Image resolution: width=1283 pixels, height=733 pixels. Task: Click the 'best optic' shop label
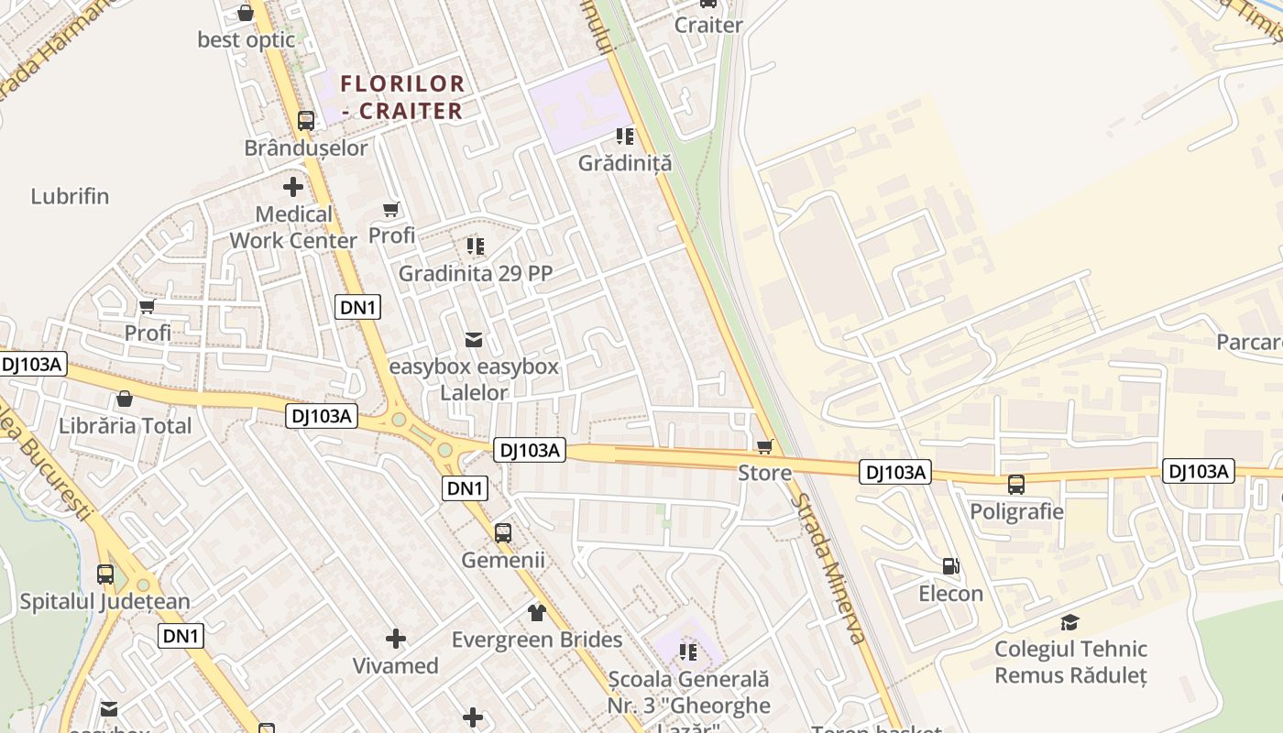(x=247, y=40)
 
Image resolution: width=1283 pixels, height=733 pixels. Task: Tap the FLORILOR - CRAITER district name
(x=402, y=97)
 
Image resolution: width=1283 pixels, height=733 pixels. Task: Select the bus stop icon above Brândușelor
(x=306, y=120)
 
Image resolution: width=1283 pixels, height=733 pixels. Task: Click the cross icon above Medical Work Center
(x=293, y=187)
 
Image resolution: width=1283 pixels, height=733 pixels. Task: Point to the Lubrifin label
(x=70, y=196)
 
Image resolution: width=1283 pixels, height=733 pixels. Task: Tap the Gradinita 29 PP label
(x=475, y=273)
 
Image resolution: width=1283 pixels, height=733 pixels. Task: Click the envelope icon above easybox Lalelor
(x=474, y=340)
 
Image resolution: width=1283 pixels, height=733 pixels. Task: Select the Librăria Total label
(x=126, y=426)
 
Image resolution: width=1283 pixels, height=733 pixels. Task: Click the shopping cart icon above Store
(x=765, y=446)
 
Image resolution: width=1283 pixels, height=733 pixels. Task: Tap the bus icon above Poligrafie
(x=1016, y=485)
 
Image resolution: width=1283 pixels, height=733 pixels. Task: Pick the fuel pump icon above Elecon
(x=951, y=567)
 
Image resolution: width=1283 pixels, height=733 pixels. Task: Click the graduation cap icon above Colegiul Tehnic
(x=1069, y=623)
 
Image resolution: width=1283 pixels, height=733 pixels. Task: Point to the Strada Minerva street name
(x=828, y=568)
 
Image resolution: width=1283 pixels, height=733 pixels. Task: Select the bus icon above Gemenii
(x=503, y=532)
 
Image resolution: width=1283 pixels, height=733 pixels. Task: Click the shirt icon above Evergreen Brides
(x=537, y=612)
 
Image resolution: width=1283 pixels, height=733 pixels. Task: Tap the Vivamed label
(x=396, y=666)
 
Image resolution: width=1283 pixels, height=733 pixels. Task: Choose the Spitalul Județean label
(x=105, y=602)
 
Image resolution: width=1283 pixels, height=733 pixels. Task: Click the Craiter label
(x=708, y=25)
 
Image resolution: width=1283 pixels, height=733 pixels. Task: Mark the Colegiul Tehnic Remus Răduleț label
(x=1070, y=662)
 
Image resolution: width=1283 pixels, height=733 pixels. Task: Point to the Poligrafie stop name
(x=1016, y=511)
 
